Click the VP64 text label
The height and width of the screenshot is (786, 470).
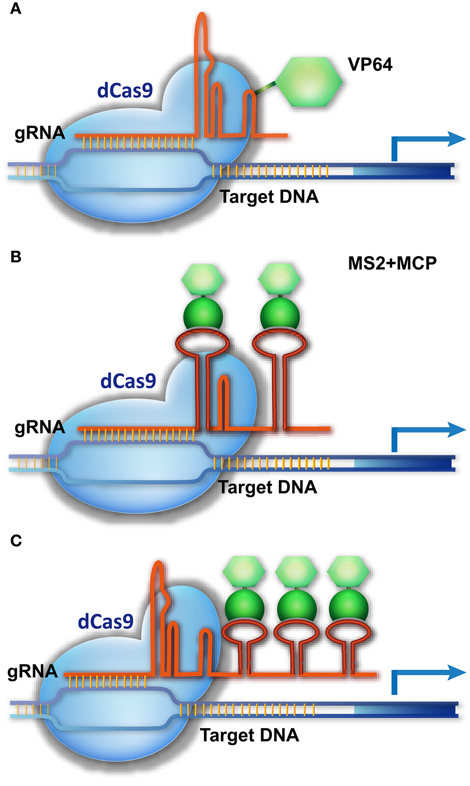coord(370,64)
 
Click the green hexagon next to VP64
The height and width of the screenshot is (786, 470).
coord(310,82)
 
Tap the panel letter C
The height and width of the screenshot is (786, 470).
coord(16,541)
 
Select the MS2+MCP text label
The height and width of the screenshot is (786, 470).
coord(392,263)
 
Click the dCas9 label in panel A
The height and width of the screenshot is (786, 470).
coord(125,91)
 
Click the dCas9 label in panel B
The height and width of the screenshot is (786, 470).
coord(128,381)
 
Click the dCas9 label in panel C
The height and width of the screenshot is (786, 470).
coord(106,621)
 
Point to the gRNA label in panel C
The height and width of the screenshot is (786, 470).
coord(33,672)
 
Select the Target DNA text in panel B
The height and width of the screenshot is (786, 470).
coord(268,487)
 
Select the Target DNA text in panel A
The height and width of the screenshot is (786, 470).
coord(269,197)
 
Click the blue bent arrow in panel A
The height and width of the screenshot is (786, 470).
coord(423,141)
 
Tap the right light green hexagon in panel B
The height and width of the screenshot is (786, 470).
coord(280,279)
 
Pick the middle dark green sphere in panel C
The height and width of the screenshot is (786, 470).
coord(296,606)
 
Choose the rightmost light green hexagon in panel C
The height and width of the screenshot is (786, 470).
coord(348,571)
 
